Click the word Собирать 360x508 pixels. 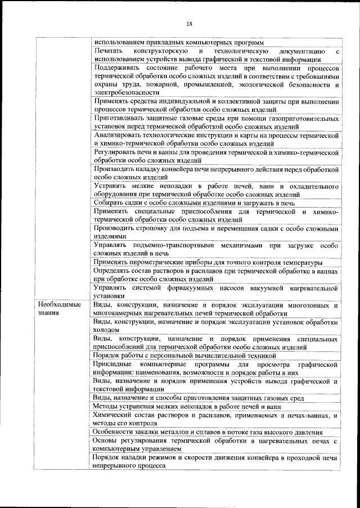(x=109, y=203)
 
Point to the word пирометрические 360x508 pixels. (x=155, y=263)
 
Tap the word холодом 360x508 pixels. (x=106, y=330)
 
